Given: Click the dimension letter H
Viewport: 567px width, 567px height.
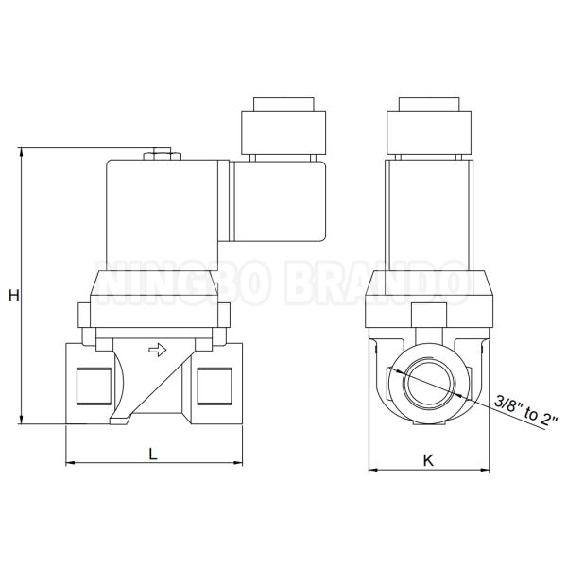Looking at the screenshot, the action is [14, 296].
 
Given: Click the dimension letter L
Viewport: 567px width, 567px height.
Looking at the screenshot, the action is [153, 454].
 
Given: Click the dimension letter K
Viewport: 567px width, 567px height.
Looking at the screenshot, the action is [428, 461].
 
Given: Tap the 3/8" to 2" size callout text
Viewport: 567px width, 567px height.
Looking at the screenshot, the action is [526, 411].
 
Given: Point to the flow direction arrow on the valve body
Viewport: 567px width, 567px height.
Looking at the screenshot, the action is [158, 350].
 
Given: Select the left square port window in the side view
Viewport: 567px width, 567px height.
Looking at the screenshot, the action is [94, 387].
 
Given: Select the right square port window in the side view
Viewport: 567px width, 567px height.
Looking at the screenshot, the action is [215, 387].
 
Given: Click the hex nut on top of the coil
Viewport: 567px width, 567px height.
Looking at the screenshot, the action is [162, 156].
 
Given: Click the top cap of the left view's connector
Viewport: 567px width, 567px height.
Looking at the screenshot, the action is [283, 104].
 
